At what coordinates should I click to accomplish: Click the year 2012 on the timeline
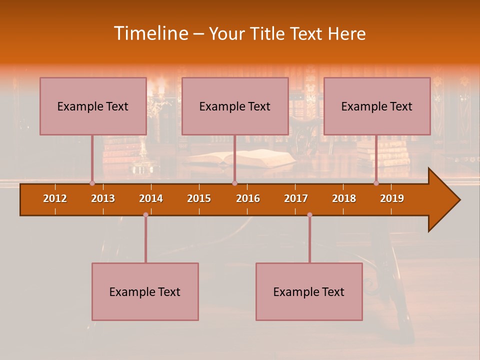(55, 198)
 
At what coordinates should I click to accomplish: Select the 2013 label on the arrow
(103, 198)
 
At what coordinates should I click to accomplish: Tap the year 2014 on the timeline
(151, 198)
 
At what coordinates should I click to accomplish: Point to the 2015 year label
(199, 198)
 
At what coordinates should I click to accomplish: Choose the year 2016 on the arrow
(248, 198)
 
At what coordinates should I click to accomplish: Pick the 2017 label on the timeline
(296, 198)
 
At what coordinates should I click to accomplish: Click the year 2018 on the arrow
(344, 198)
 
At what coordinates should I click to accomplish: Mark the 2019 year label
(392, 198)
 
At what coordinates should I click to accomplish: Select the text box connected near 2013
(93, 106)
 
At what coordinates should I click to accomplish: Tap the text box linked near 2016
(235, 106)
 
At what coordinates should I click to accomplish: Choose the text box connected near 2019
(377, 106)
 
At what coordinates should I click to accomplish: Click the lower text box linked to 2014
(145, 291)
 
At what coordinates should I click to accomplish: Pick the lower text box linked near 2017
(309, 291)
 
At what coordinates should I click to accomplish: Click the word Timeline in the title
(150, 33)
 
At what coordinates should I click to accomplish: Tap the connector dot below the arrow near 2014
(145, 215)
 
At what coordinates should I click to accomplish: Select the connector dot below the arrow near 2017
(309, 215)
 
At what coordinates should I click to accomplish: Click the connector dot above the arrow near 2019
(376, 183)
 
